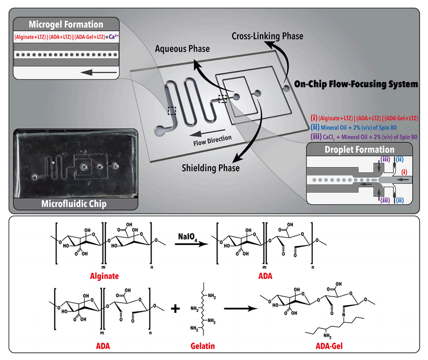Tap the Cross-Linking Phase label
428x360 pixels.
click(x=268, y=36)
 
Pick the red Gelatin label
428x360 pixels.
click(x=200, y=347)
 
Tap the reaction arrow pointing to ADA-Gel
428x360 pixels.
click(x=242, y=308)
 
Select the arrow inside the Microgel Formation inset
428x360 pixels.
click(x=99, y=71)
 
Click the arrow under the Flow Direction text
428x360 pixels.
click(x=200, y=132)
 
